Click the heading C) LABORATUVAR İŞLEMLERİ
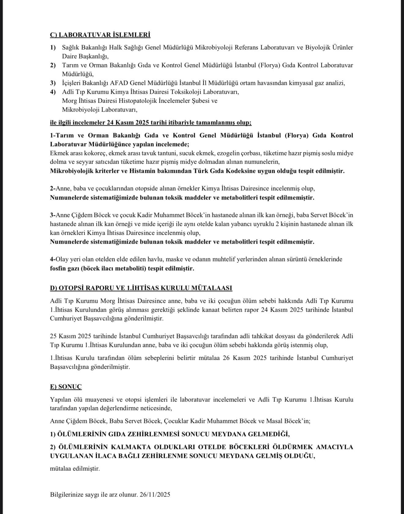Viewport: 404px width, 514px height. (x=100, y=35)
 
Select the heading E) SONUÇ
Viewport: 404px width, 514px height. (x=66, y=386)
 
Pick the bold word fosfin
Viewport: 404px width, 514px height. (x=58, y=268)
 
